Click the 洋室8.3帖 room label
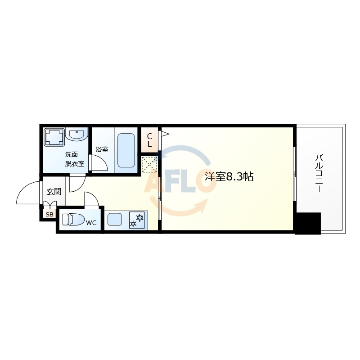229,176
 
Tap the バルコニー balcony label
319,173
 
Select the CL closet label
149,140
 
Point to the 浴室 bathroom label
102,149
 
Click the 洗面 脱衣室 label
75,159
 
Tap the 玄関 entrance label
54,192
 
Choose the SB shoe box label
49,215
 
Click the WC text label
91,223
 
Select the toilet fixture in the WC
73,220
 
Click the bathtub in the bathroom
126,150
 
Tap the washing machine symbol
54,137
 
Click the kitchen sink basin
115,220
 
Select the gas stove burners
137,220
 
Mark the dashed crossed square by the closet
149,164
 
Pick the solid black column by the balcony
308,223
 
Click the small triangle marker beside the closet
165,134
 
